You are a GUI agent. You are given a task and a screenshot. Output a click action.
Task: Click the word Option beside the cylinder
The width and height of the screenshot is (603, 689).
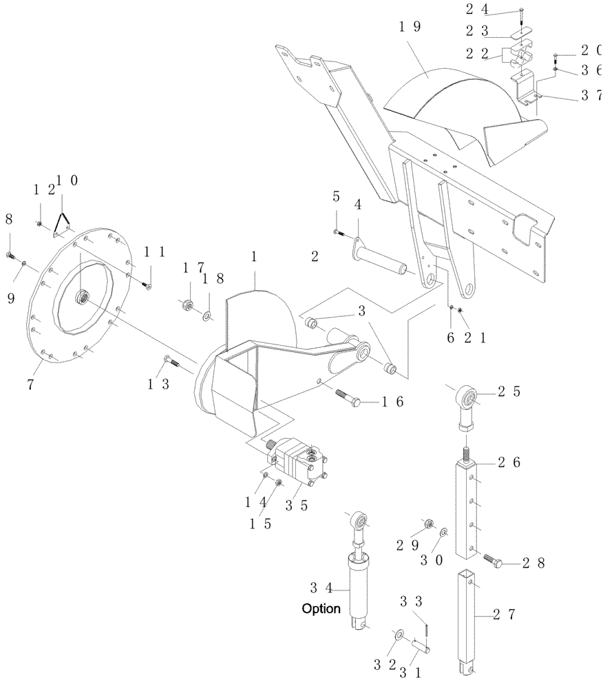[321, 609]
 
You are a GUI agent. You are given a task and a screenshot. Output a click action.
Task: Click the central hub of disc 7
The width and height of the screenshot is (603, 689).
[82, 296]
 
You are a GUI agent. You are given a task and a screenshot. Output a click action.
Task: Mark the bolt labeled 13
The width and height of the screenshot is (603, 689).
[171, 361]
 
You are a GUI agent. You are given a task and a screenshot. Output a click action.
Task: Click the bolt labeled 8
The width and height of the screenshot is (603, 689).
[10, 256]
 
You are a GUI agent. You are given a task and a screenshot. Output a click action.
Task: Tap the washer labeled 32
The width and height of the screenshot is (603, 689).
[399, 633]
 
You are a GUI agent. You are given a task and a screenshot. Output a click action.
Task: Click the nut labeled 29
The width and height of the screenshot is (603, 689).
[427, 524]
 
